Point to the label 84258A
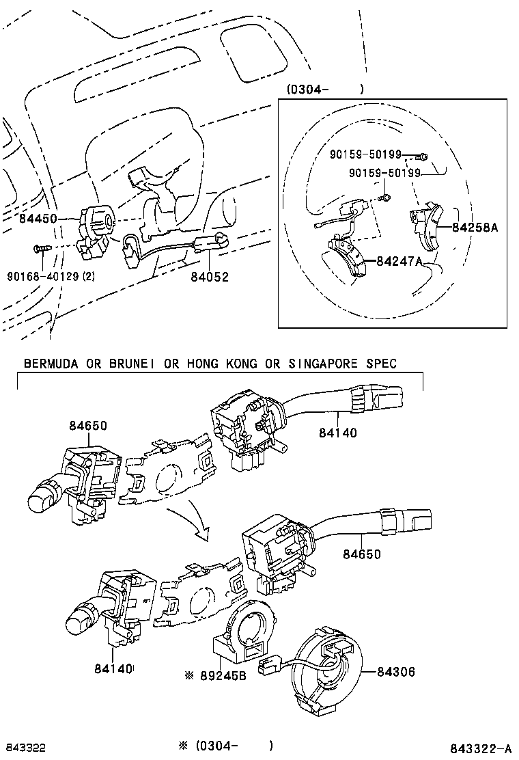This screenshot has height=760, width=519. pos(475,228)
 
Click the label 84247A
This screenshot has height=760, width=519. pos(397,262)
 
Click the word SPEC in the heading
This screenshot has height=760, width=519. pos(380,364)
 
